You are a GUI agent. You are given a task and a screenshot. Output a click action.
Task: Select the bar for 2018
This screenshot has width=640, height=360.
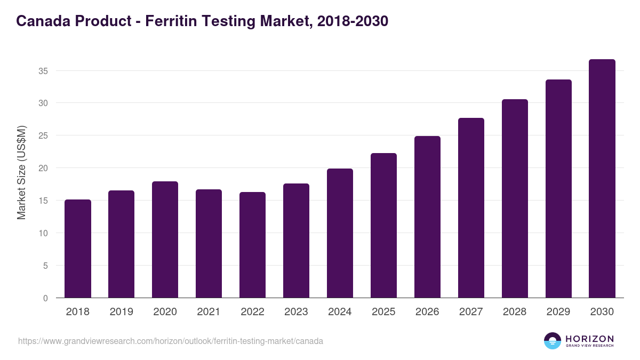78,249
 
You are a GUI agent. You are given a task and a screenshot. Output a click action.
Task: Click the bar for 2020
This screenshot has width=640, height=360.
165,239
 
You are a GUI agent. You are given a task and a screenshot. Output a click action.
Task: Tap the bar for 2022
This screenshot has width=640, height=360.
252,245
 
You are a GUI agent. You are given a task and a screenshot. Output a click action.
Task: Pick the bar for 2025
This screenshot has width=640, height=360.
383,226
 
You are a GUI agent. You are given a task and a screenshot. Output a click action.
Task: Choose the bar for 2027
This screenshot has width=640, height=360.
471,208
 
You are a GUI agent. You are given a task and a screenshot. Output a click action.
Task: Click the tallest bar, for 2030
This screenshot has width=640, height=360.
602,179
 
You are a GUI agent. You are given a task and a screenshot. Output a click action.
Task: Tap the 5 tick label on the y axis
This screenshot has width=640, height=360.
46,266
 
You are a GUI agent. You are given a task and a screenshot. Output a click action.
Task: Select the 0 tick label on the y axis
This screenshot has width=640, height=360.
46,298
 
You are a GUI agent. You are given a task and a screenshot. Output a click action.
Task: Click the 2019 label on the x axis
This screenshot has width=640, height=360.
121,312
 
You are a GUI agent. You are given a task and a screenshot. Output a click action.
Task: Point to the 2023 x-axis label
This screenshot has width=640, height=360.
296,312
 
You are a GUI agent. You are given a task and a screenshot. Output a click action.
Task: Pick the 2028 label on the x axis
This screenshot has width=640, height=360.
515,312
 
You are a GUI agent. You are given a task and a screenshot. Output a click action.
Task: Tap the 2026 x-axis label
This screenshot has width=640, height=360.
427,312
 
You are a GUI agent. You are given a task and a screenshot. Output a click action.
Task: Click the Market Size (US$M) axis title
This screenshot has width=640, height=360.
22,172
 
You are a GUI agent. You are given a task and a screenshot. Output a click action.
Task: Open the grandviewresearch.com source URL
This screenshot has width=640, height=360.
171,341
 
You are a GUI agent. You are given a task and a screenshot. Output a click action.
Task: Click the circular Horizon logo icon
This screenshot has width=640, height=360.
553,341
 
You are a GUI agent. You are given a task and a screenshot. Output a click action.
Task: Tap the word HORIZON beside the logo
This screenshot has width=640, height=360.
590,339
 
